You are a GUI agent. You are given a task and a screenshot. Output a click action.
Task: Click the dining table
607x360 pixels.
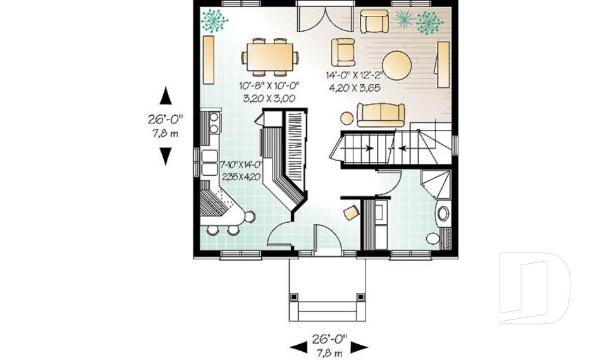point(269,57)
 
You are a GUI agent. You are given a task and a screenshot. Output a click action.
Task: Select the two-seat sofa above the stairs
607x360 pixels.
point(381,115)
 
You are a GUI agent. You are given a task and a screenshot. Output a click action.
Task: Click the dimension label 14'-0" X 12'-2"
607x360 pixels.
point(354,75)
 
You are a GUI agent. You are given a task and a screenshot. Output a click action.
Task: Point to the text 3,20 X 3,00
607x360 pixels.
point(269,99)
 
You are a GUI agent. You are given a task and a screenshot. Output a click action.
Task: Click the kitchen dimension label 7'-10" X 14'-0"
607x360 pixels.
point(241,165)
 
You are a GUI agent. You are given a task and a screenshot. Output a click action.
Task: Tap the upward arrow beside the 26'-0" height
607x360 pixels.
point(166,96)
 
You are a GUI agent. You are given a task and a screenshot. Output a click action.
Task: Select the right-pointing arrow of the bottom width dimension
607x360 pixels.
point(359,347)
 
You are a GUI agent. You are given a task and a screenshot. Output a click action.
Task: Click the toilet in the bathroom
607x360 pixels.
point(433,238)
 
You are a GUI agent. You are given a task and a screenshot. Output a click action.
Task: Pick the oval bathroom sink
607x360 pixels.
point(443,213)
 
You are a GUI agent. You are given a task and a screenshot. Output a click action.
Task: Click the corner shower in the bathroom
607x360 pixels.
point(436,185)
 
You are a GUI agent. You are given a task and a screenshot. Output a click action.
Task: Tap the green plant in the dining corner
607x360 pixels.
point(214,20)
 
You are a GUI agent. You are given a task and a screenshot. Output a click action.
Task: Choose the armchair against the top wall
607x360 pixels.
point(374,22)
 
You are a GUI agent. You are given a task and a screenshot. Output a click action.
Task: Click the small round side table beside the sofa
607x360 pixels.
point(347,118)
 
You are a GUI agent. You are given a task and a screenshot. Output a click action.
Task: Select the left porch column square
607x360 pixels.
point(294,297)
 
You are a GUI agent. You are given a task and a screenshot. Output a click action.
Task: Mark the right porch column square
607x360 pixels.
point(361,297)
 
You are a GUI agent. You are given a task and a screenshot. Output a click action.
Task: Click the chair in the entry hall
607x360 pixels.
point(352,213)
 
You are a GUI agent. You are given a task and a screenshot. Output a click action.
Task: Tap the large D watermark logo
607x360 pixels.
point(534,288)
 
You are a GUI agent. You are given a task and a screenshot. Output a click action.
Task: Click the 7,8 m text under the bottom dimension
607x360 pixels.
point(329,353)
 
